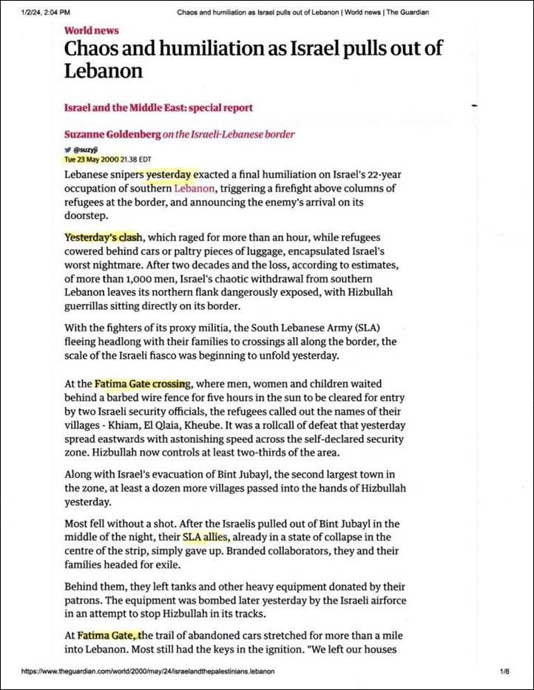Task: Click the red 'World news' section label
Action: click(91, 30)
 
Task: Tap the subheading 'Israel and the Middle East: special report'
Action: click(158, 107)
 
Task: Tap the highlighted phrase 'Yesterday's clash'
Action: click(103, 237)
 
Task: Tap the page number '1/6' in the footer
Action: click(506, 671)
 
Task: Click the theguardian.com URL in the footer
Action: click(148, 671)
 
